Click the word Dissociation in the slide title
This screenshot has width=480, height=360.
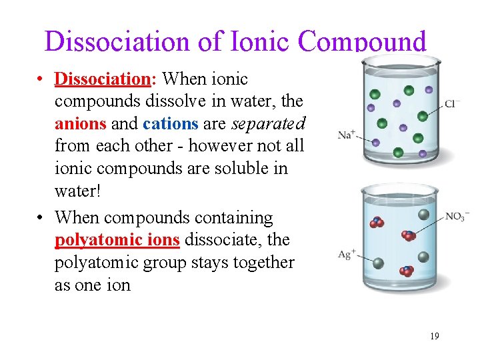click(x=119, y=41)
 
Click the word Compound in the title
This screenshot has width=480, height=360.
click(x=362, y=41)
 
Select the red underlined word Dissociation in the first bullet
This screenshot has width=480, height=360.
click(x=103, y=79)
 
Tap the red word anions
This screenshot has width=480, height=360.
click(x=80, y=124)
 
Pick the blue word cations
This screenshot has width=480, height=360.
click(x=170, y=124)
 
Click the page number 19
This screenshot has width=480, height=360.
click(x=434, y=336)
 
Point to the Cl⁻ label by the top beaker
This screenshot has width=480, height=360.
click(x=452, y=104)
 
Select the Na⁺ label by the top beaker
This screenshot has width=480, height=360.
click(x=346, y=135)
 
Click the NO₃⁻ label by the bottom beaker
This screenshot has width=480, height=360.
click(x=457, y=216)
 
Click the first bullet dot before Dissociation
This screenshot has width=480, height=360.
click(x=41, y=80)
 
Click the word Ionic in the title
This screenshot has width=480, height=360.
click(x=261, y=41)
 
